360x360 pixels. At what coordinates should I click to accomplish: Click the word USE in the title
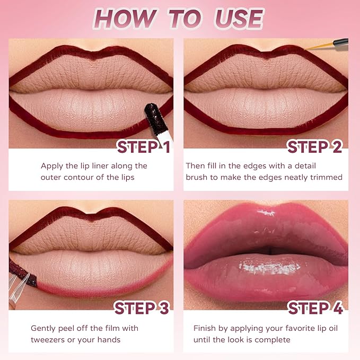[x=239, y=19]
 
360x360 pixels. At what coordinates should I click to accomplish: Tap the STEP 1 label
[x=144, y=146]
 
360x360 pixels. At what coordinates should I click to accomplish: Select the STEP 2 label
[x=315, y=146]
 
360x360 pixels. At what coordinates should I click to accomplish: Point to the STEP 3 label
[x=142, y=308]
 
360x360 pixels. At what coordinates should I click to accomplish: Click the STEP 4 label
[x=315, y=308]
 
